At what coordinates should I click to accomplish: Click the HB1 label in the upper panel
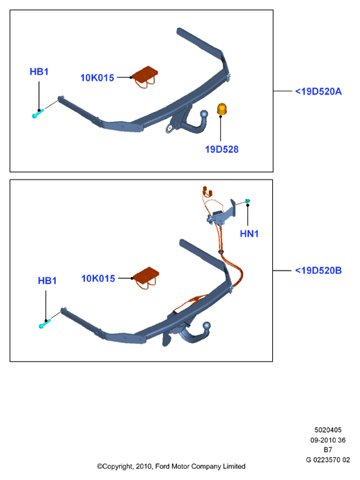tap(39, 72)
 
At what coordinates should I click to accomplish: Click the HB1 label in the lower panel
tap(47, 281)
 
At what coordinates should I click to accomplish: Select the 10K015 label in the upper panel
tap(97, 78)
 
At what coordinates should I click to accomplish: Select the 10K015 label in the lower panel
tap(98, 278)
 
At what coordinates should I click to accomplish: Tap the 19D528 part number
tap(221, 150)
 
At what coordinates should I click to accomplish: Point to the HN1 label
tap(249, 234)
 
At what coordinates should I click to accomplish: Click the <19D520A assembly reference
tap(318, 92)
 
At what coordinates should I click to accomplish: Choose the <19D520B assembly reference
tap(318, 271)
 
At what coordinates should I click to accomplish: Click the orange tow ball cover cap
tap(221, 110)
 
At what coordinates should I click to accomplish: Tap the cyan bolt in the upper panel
tap(38, 114)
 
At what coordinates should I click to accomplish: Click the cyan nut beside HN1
tap(248, 201)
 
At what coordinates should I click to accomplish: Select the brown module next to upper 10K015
tap(146, 77)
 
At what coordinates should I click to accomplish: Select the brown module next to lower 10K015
tap(146, 278)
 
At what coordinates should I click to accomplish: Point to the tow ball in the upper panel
tap(204, 114)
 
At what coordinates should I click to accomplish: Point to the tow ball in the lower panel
tap(207, 326)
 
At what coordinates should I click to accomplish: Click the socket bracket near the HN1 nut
tap(224, 213)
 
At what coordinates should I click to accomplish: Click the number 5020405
tap(328, 430)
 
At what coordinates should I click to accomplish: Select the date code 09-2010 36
tap(328, 440)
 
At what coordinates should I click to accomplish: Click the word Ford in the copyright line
tap(162, 467)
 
